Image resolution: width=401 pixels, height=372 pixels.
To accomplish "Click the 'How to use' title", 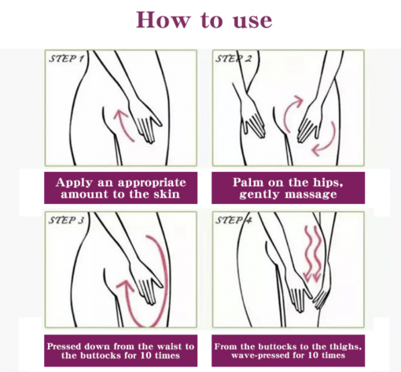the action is coord(204,20).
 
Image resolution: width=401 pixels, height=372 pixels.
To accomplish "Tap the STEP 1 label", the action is coord(67,59).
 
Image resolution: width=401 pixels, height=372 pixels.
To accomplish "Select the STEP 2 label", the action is coord(234,59).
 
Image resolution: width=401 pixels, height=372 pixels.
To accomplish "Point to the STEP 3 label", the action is coord(67,221).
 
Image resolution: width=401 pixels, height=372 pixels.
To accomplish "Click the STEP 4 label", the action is coord(234,221).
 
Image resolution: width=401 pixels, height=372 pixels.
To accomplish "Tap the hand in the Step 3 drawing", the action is coord(145,280).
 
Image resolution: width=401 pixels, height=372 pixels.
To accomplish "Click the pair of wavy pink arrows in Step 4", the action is coord(312,254).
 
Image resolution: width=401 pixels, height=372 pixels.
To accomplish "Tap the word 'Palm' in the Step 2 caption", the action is coord(248,182).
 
